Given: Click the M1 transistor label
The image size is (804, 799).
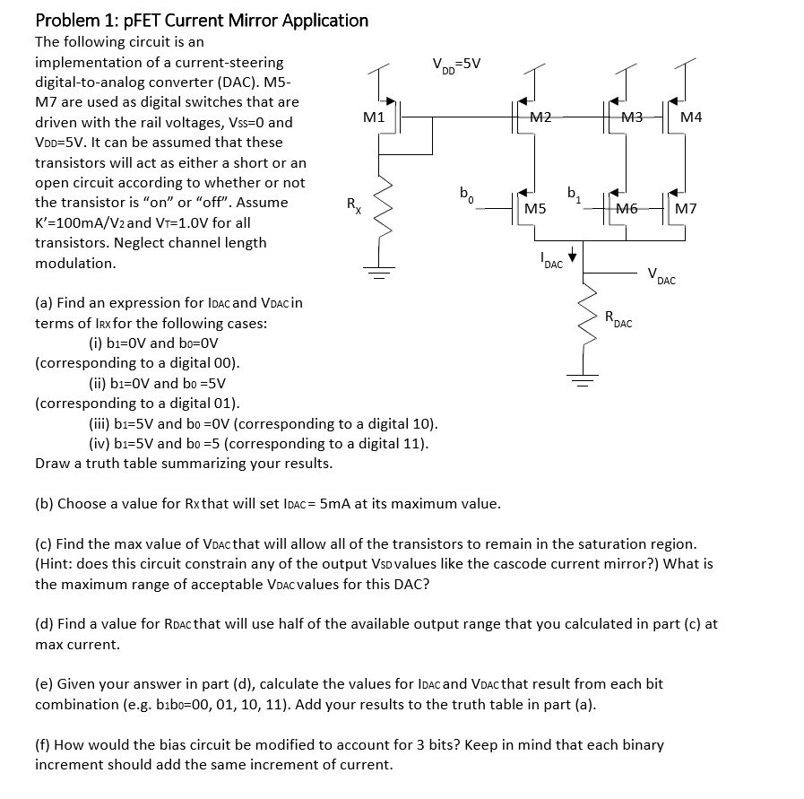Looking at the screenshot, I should tap(374, 117).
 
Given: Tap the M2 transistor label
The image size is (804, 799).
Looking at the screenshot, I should tap(540, 117).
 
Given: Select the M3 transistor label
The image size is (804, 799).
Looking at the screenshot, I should tap(632, 117).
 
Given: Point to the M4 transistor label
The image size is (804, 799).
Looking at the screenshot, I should tap(691, 117).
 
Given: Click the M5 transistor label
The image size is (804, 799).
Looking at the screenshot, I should tap(535, 209).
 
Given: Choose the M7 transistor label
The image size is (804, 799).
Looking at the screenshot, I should tap(687, 209).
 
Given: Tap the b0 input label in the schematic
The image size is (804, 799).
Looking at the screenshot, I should tap(465, 192).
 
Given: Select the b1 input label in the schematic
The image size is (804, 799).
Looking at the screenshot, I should tap(574, 192).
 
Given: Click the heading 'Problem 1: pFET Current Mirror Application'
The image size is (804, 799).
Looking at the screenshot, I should tap(202, 20).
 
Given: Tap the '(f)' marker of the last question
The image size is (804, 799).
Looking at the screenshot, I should tap(43, 744).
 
